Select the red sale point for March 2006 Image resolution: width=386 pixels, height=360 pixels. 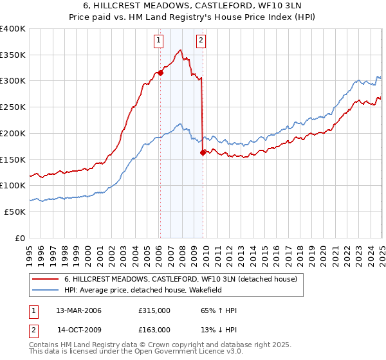click(160, 73)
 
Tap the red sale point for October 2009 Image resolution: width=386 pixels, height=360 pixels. click(203, 152)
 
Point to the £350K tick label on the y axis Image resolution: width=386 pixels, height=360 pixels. click(14, 55)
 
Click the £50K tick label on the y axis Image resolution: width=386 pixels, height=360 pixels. click(15, 212)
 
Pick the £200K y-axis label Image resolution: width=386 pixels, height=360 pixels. click(14, 133)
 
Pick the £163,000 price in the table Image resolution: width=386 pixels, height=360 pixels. click(154, 330)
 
